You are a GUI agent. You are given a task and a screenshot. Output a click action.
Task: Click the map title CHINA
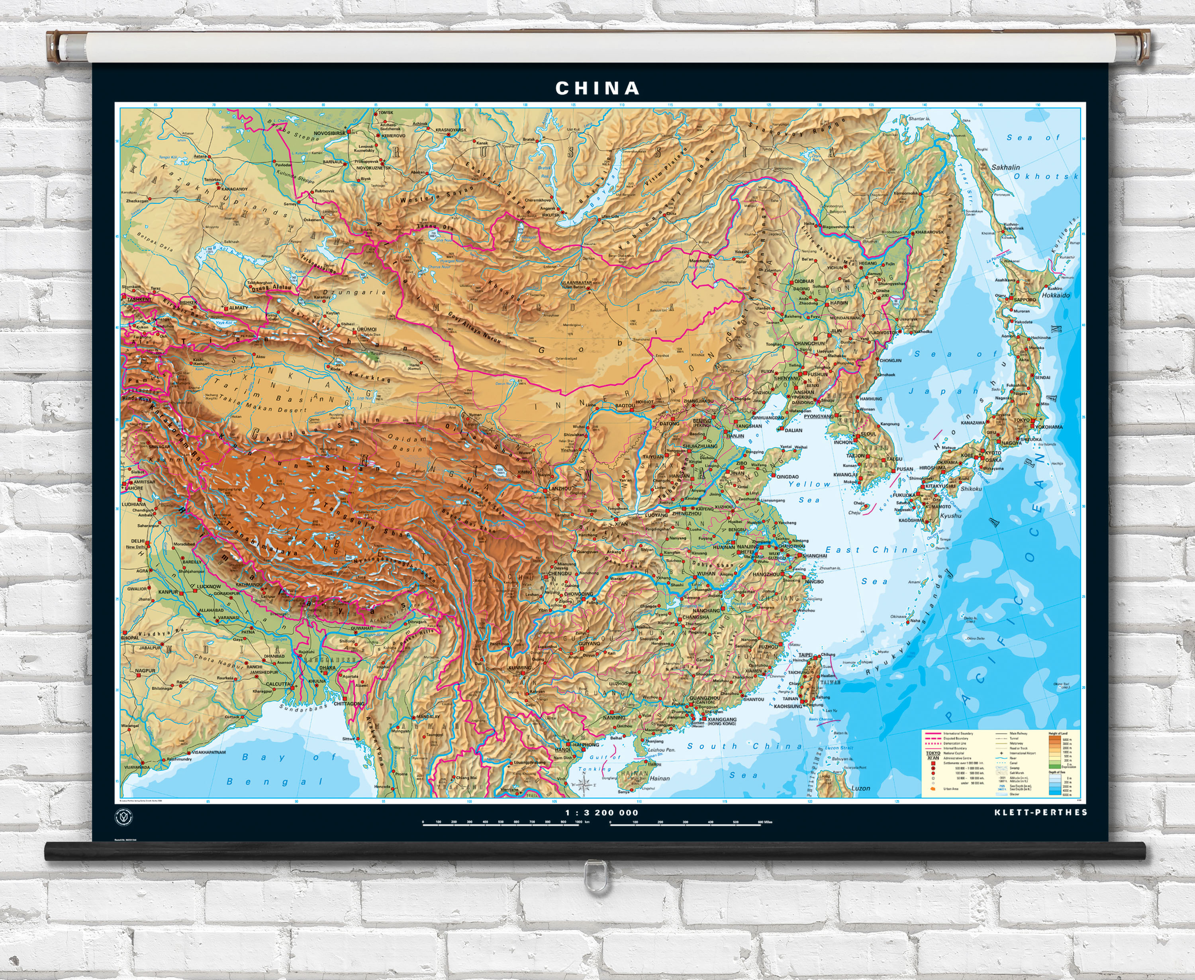(x=597, y=88)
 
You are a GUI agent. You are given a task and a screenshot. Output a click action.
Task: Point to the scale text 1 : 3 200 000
(x=602, y=813)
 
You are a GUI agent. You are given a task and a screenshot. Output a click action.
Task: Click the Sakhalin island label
(x=1005, y=167)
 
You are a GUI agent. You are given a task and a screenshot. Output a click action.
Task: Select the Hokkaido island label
(x=1056, y=295)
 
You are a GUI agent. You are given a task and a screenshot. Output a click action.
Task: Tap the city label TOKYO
(x=1022, y=420)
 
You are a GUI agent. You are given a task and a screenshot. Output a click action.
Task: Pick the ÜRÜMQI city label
(x=366, y=329)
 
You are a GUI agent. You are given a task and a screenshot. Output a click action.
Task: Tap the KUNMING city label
(x=519, y=667)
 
